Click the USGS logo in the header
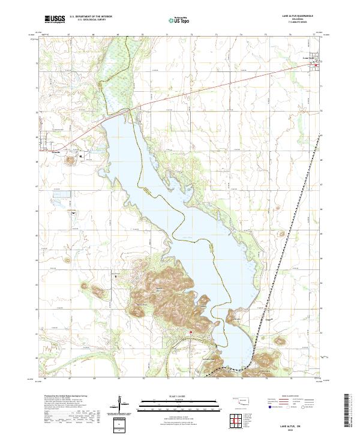tap(55, 19)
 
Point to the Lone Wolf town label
tap(309, 58)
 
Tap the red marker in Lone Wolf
tap(318, 62)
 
